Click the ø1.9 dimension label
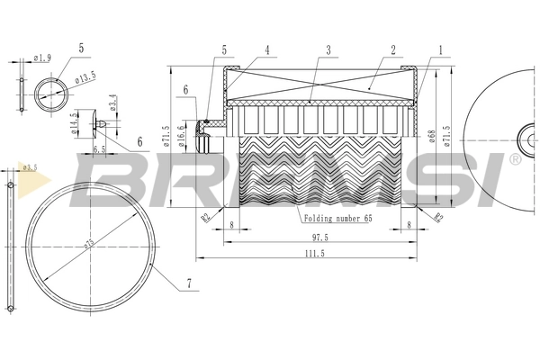point(41,58)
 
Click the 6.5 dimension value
point(98,148)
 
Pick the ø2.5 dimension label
point(29,167)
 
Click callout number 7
point(188,284)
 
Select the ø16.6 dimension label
point(181,134)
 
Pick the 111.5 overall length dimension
point(315,255)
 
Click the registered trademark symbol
point(514,159)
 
